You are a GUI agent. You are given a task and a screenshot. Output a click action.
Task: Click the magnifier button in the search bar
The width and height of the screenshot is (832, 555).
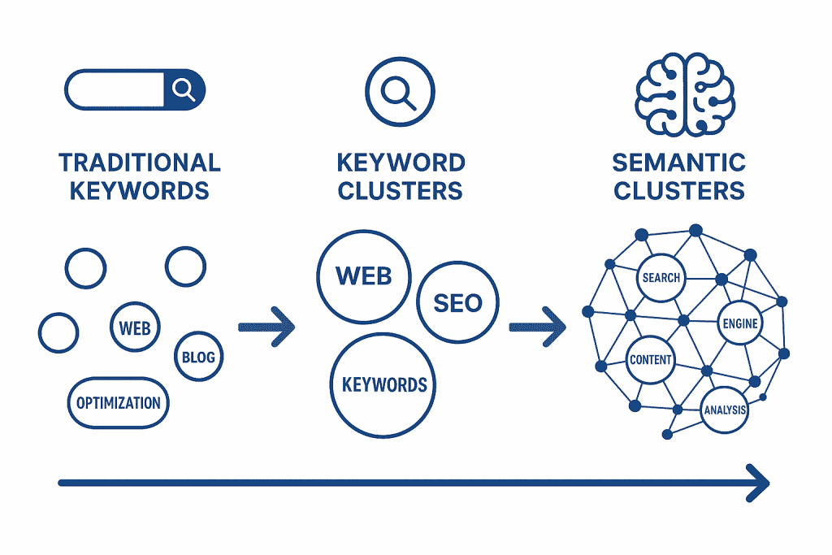coord(184,89)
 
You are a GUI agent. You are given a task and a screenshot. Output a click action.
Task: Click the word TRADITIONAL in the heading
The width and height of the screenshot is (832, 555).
coord(140,162)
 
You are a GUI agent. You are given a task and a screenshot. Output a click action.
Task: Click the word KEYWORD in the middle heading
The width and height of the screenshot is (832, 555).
coord(401,162)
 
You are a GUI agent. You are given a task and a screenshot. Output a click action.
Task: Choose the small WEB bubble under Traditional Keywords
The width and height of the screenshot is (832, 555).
coord(135,328)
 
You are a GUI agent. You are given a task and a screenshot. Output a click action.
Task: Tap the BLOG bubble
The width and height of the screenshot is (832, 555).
coord(198,357)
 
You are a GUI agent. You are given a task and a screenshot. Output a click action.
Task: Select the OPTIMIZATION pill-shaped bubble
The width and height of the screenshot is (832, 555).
coord(118,403)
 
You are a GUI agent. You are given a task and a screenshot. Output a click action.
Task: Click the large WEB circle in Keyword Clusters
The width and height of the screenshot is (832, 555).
coord(363,276)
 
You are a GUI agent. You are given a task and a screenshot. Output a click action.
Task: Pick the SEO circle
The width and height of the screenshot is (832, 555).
coord(457,303)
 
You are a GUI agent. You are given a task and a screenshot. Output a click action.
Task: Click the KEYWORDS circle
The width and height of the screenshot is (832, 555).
coord(384,384)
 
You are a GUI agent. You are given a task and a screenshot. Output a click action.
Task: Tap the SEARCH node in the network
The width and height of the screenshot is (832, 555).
coord(661,278)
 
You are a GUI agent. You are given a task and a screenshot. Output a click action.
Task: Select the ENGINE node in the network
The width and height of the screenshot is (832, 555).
coord(739,323)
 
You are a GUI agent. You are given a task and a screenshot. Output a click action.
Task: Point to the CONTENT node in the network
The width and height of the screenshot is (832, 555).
coord(650,360)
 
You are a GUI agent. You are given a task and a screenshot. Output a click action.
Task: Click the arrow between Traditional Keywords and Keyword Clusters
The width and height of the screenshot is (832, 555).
coord(266,327)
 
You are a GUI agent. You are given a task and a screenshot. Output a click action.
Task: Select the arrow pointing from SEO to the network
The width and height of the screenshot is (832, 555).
coord(537,327)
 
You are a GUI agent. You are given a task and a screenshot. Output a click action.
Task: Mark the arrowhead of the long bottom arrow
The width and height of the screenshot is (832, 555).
coord(759,483)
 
